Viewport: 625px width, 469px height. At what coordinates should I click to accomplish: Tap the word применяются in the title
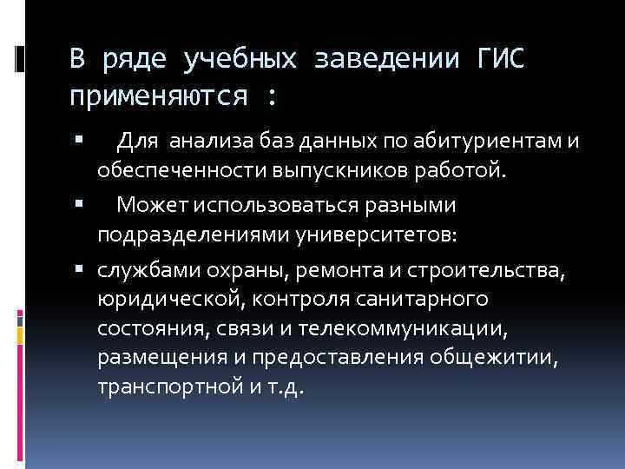160,96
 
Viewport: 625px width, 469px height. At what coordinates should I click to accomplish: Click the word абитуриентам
470,141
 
